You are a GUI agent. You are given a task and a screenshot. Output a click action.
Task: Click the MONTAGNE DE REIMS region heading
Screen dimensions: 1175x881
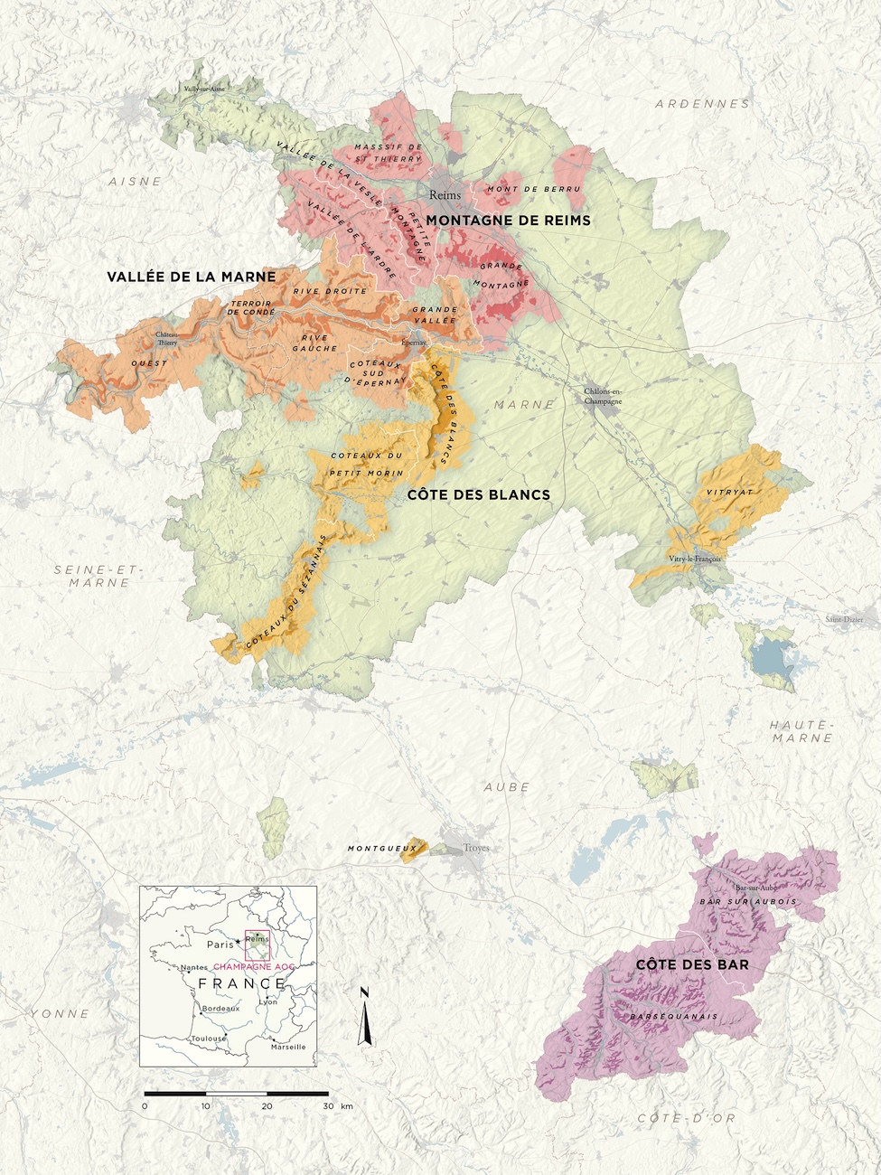tap(508, 220)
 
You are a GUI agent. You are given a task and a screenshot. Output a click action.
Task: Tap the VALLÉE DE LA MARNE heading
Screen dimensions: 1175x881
tap(191, 277)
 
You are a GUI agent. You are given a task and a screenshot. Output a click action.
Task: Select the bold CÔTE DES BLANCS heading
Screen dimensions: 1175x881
tap(478, 494)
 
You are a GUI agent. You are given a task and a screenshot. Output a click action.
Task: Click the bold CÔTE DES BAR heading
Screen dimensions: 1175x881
tap(692, 965)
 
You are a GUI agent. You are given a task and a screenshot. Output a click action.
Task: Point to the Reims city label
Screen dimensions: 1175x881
tap(445, 194)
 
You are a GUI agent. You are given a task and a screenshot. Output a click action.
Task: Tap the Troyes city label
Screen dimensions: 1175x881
tap(476, 848)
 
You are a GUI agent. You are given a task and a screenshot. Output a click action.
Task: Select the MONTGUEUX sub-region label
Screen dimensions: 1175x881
tap(375, 849)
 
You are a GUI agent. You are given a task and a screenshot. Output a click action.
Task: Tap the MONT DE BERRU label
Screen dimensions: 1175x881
tap(534, 189)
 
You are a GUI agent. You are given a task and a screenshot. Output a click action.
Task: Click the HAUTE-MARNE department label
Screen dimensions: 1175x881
tap(801, 731)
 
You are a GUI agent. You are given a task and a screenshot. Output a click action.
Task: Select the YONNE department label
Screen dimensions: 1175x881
tap(60, 1013)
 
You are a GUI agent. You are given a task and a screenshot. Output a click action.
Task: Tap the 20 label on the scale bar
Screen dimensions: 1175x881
tap(267, 1106)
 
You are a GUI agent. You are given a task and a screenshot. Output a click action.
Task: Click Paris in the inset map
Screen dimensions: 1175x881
tap(220, 945)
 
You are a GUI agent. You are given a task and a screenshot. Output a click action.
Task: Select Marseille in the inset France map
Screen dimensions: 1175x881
tap(288, 1047)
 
